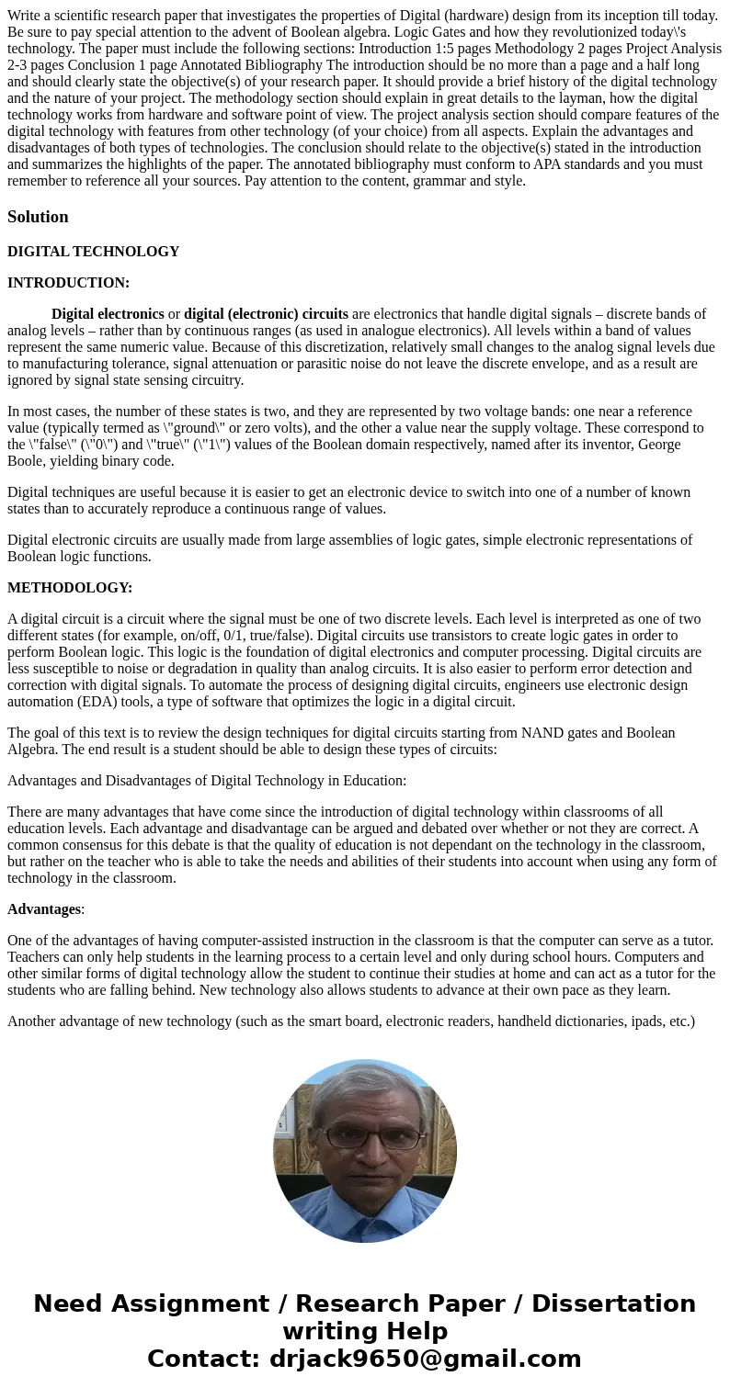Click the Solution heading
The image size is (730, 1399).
pyautogui.click(x=38, y=217)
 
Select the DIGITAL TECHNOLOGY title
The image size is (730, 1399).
pyautogui.click(x=93, y=252)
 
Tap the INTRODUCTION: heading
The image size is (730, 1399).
pyautogui.click(x=68, y=283)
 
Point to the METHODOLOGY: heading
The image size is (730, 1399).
pyautogui.click(x=70, y=588)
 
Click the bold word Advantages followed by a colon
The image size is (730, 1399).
pyautogui.click(x=44, y=909)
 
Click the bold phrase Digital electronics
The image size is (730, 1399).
pyautogui.click(x=108, y=314)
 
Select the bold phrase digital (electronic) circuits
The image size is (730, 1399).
pyautogui.click(x=266, y=314)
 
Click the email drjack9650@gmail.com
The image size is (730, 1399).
pyautogui.click(x=425, y=1359)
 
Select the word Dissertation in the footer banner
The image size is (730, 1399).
pyautogui.click(x=613, y=1303)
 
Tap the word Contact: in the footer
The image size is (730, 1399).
pyautogui.click(x=203, y=1359)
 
